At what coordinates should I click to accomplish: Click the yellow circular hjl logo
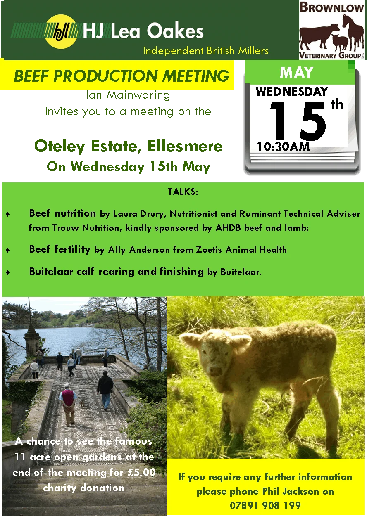coord(61,31)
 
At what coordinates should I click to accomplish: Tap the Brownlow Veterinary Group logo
coord(331,30)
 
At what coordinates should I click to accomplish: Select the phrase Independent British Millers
coord(206,51)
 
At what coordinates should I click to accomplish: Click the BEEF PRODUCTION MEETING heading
coord(122,76)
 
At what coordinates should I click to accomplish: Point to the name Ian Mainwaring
coord(128,95)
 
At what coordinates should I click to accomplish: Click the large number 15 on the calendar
coord(298,121)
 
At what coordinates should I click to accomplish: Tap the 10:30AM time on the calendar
coord(283,147)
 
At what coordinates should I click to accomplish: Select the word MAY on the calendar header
coord(297,73)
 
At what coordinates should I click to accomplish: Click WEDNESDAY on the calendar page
coord(292,92)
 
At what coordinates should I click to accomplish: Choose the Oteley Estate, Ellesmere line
coord(128,146)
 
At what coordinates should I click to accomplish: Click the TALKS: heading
coord(183,192)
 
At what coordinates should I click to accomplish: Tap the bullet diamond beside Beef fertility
coord(8,250)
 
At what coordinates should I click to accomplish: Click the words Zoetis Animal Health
coord(241,249)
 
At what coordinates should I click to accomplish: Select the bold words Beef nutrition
coord(62,213)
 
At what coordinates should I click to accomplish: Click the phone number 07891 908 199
coord(265,505)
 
